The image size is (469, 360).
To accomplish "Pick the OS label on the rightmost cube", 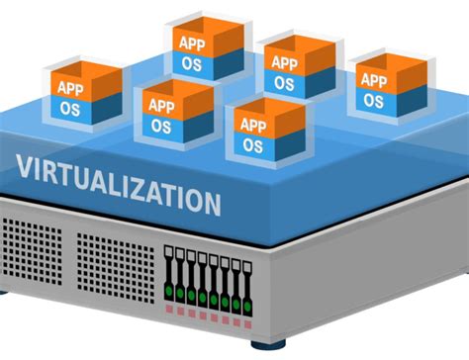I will (372, 100).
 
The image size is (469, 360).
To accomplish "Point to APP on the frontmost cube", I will (252, 125).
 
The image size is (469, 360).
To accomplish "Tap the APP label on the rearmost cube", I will (190, 44).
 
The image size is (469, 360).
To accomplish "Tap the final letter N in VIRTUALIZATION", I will (211, 204).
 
